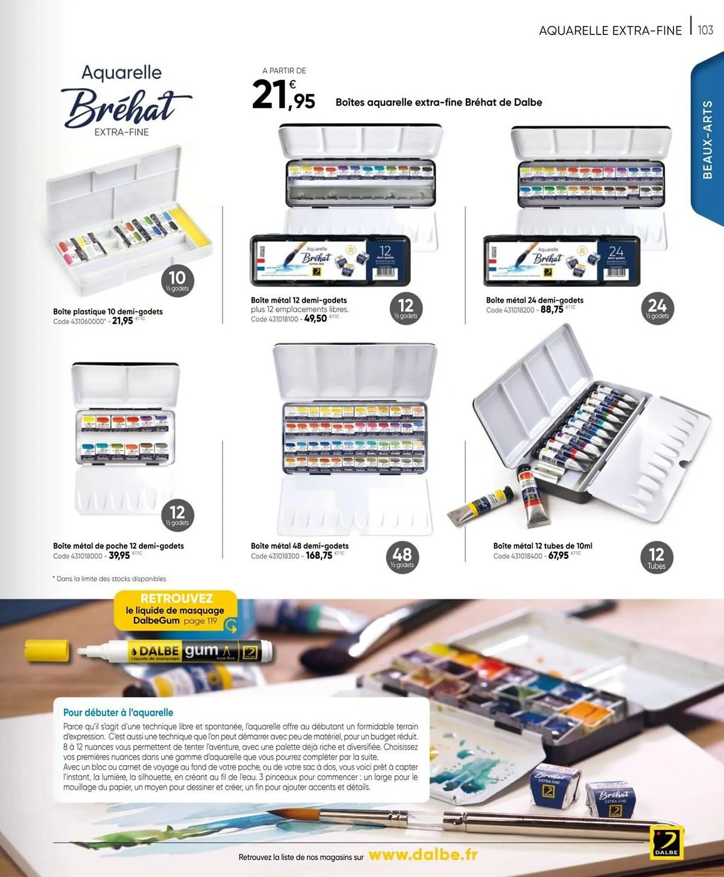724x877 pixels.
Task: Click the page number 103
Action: point(705,30)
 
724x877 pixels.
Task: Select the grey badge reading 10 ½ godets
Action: point(177,280)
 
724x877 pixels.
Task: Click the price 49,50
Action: point(315,319)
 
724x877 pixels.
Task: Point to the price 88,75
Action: point(552,310)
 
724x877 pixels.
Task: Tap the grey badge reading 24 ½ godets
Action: point(657,308)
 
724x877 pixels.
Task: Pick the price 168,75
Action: point(319,556)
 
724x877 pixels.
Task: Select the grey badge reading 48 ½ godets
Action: point(402,557)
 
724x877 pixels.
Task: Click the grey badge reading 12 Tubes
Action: point(656,558)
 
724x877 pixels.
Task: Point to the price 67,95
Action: point(558,556)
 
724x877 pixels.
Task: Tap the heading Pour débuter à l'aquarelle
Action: point(118,713)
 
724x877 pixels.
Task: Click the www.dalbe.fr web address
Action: point(423,855)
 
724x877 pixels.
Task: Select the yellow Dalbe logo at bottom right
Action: point(666,843)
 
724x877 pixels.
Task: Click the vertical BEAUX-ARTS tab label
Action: point(707,139)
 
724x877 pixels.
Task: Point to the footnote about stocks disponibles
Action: point(110,579)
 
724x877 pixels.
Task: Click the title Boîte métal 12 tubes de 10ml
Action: point(543,546)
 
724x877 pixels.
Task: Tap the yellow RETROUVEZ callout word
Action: point(177,599)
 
